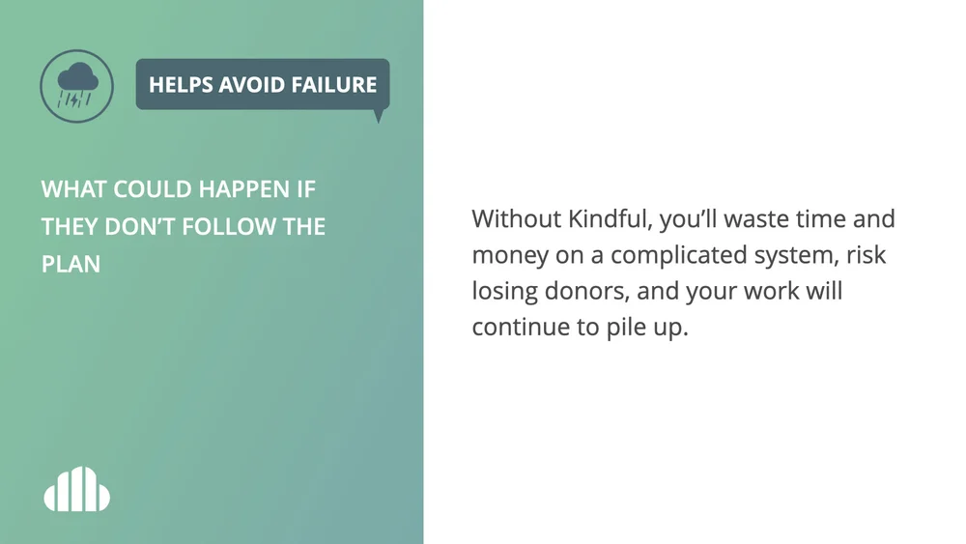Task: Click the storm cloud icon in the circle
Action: click(76, 85)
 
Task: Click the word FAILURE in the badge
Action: click(334, 85)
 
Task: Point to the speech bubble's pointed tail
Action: click(378, 116)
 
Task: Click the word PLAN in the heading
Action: click(71, 264)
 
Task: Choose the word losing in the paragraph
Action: click(502, 291)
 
